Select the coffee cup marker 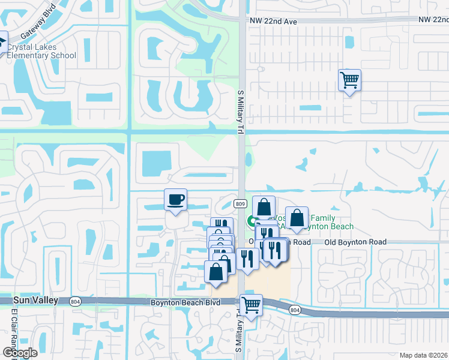175,200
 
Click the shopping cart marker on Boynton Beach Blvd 251,305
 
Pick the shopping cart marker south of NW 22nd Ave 349,80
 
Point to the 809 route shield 241,203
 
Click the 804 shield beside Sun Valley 75,301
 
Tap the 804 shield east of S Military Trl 294,310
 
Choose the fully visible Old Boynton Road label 354,242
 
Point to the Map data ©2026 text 423,355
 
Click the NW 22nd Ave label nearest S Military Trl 273,20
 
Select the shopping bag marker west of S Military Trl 216,271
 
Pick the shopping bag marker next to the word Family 297,219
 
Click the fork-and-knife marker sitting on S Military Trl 247,258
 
